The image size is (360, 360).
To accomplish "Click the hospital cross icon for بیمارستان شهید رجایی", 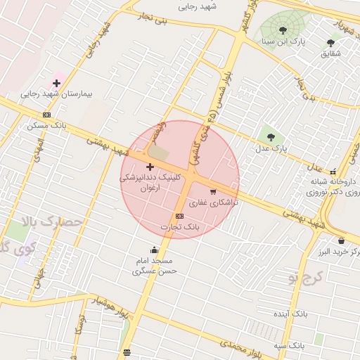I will click(x=56, y=83).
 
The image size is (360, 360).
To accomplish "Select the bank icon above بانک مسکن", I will click(x=46, y=115).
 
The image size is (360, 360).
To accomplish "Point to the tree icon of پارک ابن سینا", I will click(x=283, y=30).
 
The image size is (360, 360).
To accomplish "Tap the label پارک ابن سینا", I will click(x=283, y=41).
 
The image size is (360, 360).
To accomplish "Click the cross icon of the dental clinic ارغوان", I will click(x=150, y=167).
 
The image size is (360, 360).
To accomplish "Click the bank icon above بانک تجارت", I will click(x=180, y=216).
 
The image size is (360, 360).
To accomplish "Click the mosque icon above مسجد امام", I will click(x=155, y=250).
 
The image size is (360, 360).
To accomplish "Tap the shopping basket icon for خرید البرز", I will click(x=341, y=240).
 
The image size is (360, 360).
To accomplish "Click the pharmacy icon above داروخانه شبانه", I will click(x=333, y=171).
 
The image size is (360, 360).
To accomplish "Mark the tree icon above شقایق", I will click(x=331, y=43).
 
